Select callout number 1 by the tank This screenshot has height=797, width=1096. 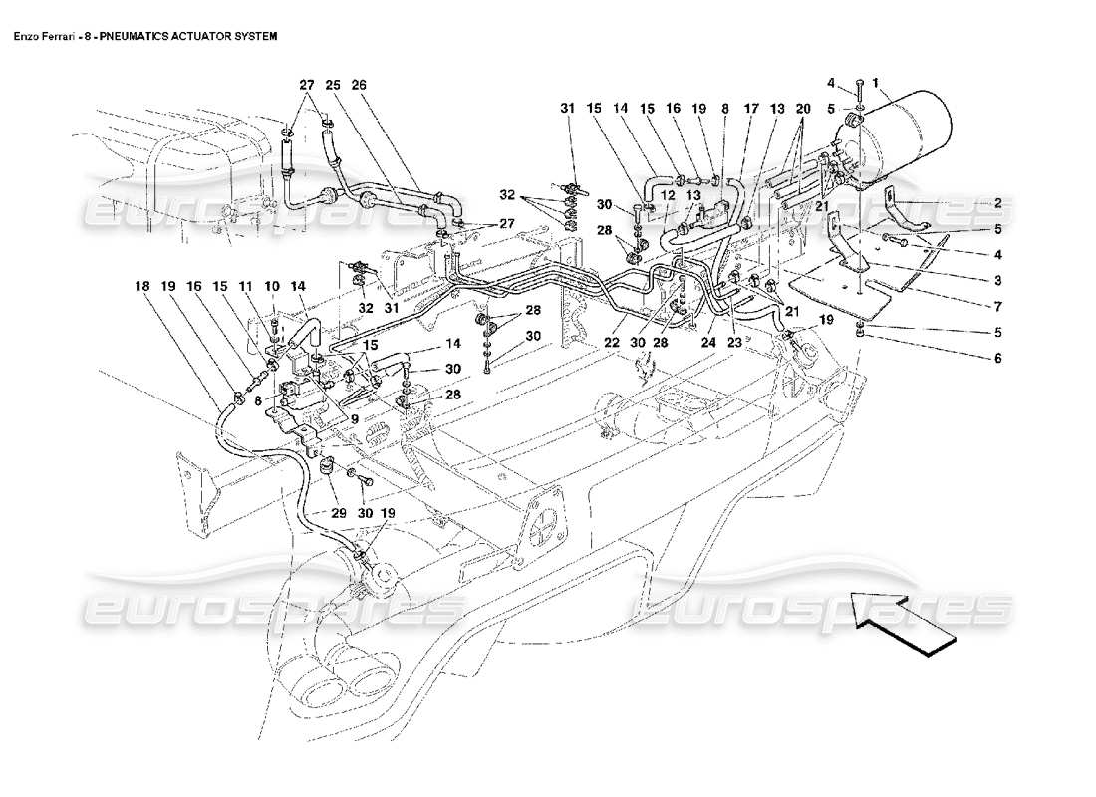coord(876,84)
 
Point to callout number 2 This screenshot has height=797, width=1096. coord(996,203)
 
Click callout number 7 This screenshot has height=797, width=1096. coord(996,306)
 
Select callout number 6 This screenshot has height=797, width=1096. coord(996,358)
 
